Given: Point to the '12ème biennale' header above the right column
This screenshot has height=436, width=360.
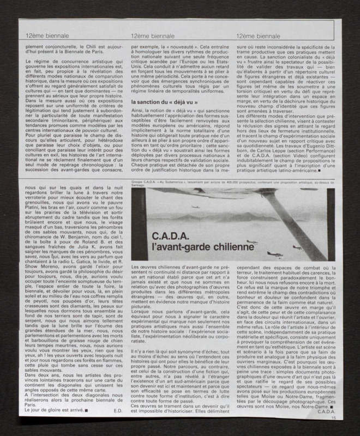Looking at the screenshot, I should (x=256, y=35).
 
